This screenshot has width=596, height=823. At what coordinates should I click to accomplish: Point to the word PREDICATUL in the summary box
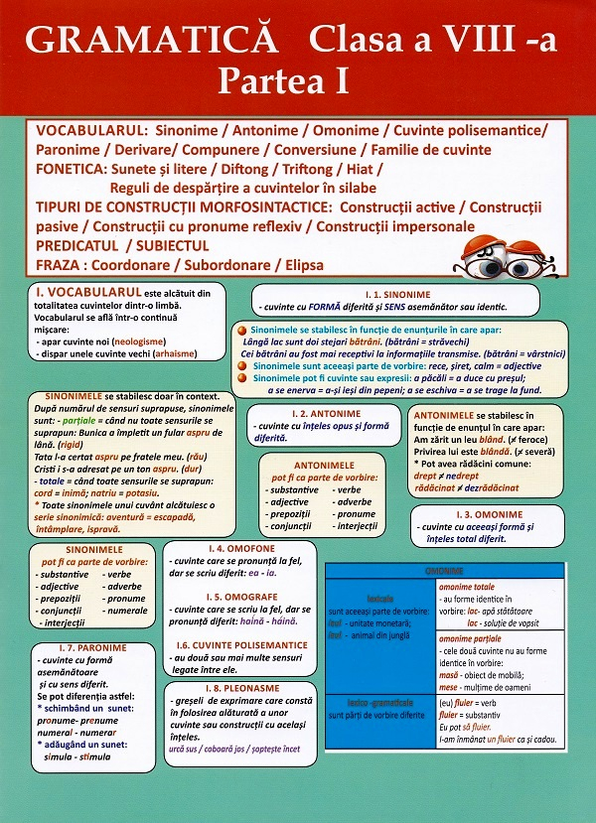click(83, 245)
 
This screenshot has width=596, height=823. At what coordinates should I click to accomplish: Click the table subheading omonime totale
click(466, 588)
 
